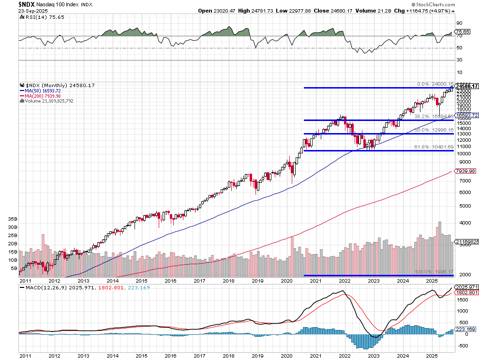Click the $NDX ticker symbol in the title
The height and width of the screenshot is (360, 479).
27,3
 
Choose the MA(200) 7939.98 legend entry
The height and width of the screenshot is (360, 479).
43,96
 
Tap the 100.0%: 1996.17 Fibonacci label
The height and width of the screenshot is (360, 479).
434,272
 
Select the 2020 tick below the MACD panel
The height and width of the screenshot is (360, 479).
286,355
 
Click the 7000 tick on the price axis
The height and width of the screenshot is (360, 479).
463,180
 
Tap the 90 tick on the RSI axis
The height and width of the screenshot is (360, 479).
459,23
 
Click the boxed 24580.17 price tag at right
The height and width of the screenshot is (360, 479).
466,86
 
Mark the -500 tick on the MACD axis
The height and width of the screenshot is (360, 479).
463,345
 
